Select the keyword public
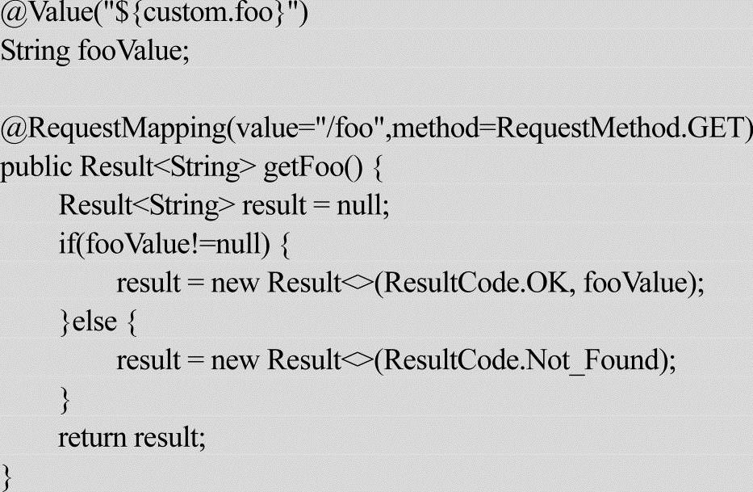pos(36,166)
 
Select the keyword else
pos(95,321)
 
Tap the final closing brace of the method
pos(7,474)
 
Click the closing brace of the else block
pos(65,398)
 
